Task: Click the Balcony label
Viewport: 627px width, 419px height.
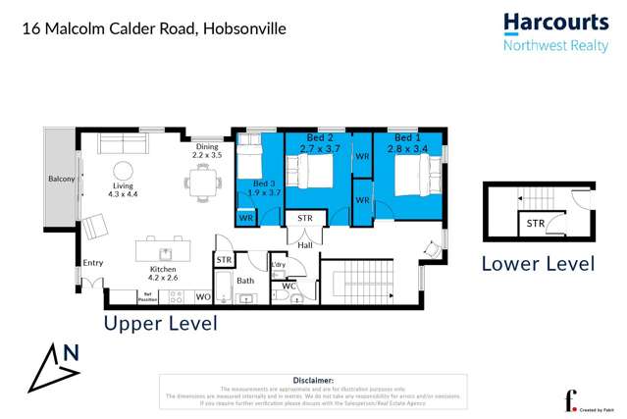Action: (x=62, y=180)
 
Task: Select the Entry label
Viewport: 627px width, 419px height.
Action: (x=93, y=262)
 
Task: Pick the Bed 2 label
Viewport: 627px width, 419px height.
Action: (x=321, y=137)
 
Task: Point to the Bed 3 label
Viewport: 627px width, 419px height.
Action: (x=264, y=183)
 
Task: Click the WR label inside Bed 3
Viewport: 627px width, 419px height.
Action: (x=245, y=217)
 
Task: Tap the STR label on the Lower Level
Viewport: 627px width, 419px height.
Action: (x=535, y=224)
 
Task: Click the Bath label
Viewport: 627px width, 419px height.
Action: (x=244, y=281)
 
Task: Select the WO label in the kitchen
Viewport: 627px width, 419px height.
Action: (x=203, y=295)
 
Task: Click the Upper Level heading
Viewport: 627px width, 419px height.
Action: (x=160, y=323)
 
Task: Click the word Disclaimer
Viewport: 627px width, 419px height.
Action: (x=314, y=380)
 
